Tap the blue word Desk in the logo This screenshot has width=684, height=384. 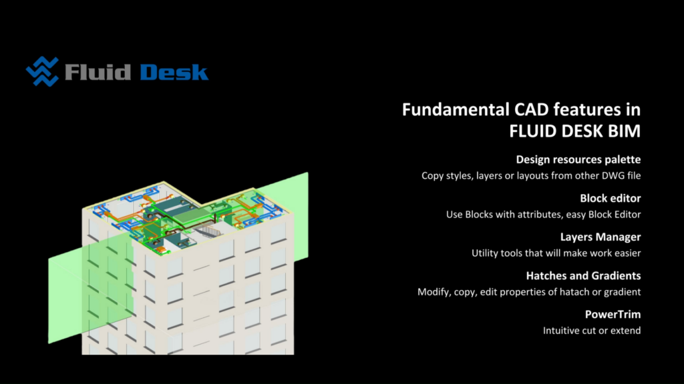pyautogui.click(x=174, y=71)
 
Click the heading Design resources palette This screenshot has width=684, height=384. pyautogui.click(x=578, y=160)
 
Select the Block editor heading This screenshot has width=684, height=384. pyautogui.click(x=611, y=199)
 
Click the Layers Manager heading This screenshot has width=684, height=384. pyautogui.click(x=601, y=237)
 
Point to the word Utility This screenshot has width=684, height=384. pyautogui.click(x=485, y=253)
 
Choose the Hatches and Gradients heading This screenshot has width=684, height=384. pyautogui.click(x=583, y=275)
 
